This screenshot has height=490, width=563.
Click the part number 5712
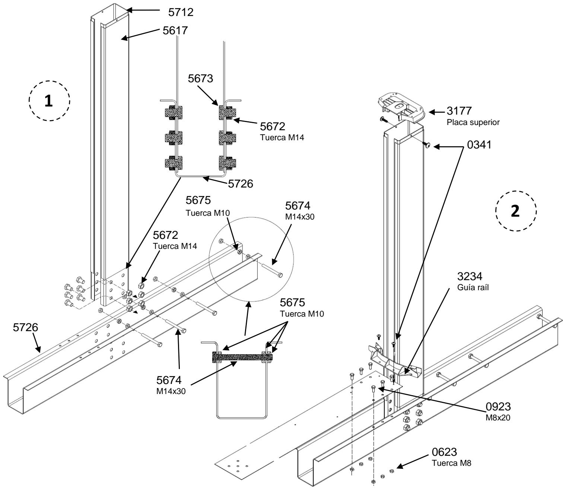(x=181, y=12)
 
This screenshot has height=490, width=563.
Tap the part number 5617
(x=175, y=31)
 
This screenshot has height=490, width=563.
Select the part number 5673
(x=200, y=79)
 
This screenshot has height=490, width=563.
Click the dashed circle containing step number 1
(x=49, y=100)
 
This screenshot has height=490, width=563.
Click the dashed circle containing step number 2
(x=516, y=211)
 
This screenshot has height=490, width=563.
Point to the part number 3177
(x=459, y=111)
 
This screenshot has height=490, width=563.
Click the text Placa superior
(x=473, y=122)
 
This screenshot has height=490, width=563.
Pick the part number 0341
(x=479, y=145)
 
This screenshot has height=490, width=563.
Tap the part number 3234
(x=470, y=276)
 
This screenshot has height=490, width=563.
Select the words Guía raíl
(x=473, y=288)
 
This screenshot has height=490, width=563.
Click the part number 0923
(x=498, y=406)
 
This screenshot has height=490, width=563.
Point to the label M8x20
(x=498, y=418)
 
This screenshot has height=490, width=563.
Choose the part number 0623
(x=444, y=452)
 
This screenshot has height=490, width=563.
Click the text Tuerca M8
(x=452, y=463)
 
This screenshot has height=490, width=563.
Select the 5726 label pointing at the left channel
(x=26, y=327)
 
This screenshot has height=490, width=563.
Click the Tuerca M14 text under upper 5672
(x=282, y=138)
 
